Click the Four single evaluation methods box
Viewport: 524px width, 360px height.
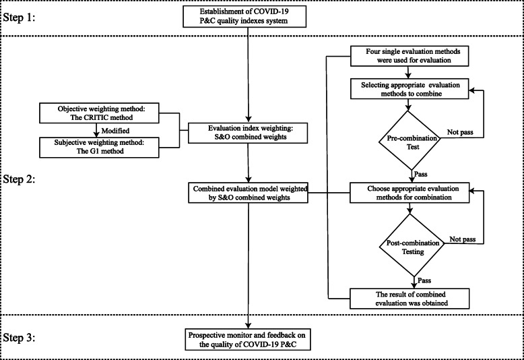coord(410,56)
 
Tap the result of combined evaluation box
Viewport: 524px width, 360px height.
coord(410,297)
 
